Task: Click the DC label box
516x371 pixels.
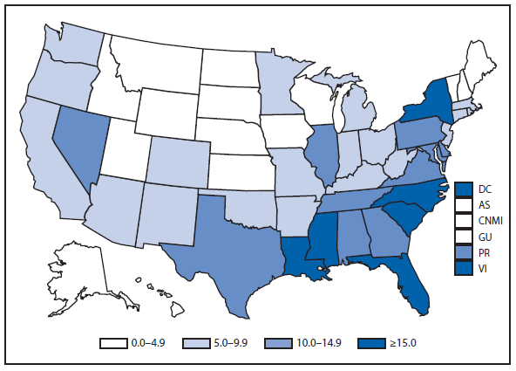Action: [x=464, y=189]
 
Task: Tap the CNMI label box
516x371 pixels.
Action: [x=464, y=221]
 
